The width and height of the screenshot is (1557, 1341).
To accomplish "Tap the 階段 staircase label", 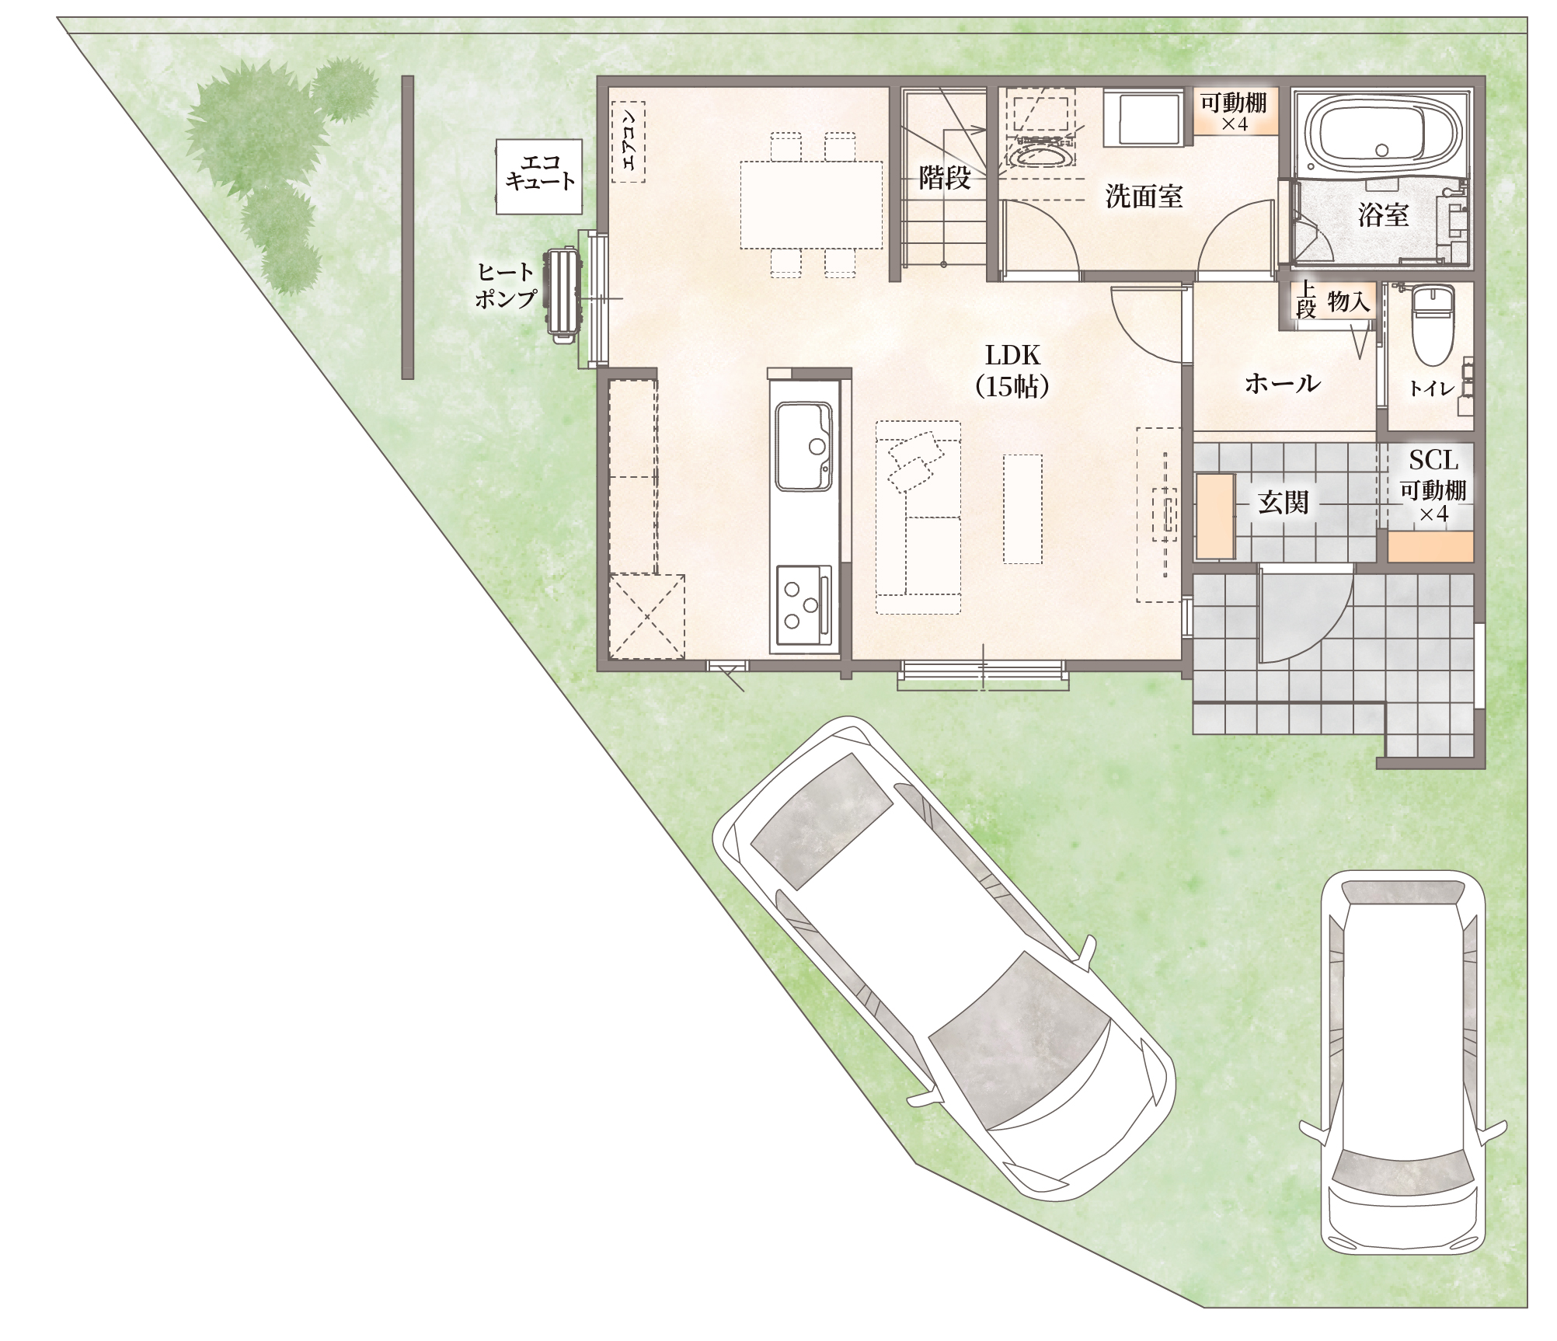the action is pos(945,178).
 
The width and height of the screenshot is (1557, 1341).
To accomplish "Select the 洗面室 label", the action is pos(1144,197).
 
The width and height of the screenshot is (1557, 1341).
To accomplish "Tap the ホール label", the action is pos(1282,383).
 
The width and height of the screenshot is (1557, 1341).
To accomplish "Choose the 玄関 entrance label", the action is pos(1284,503).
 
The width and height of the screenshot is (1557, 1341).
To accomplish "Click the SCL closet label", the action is pos(1433,460).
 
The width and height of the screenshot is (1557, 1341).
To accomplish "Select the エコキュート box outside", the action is pos(539,176).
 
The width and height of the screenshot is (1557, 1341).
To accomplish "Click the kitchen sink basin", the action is pos(804,446).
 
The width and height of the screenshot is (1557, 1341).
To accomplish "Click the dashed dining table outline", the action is pos(811,204).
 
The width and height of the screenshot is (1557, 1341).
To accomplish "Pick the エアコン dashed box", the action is pos(629,142).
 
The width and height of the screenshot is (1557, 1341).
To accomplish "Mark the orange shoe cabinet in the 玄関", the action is pos(1214,516).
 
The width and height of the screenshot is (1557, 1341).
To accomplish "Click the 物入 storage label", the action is pos(1349,301).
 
